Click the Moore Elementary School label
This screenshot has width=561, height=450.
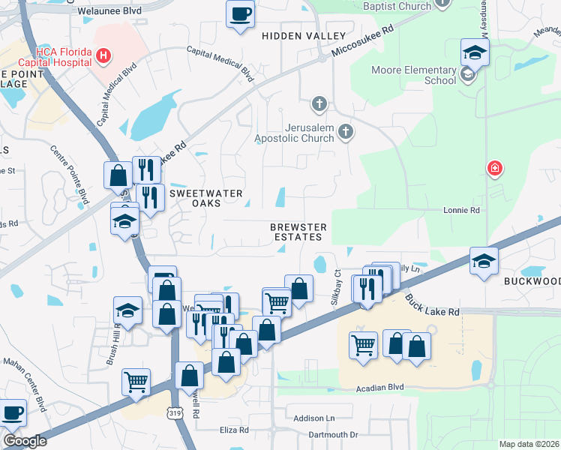[413, 75]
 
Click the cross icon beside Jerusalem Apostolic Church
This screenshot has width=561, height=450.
[346, 132]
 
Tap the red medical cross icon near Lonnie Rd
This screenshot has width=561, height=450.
[494, 167]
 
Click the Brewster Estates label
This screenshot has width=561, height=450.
[296, 231]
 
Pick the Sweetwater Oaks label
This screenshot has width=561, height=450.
[205, 199]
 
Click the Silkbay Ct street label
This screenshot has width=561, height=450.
[336, 287]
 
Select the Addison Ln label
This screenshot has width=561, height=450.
[313, 418]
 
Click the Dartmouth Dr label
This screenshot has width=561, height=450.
[333, 434]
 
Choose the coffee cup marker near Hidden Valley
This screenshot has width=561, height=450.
[240, 13]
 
